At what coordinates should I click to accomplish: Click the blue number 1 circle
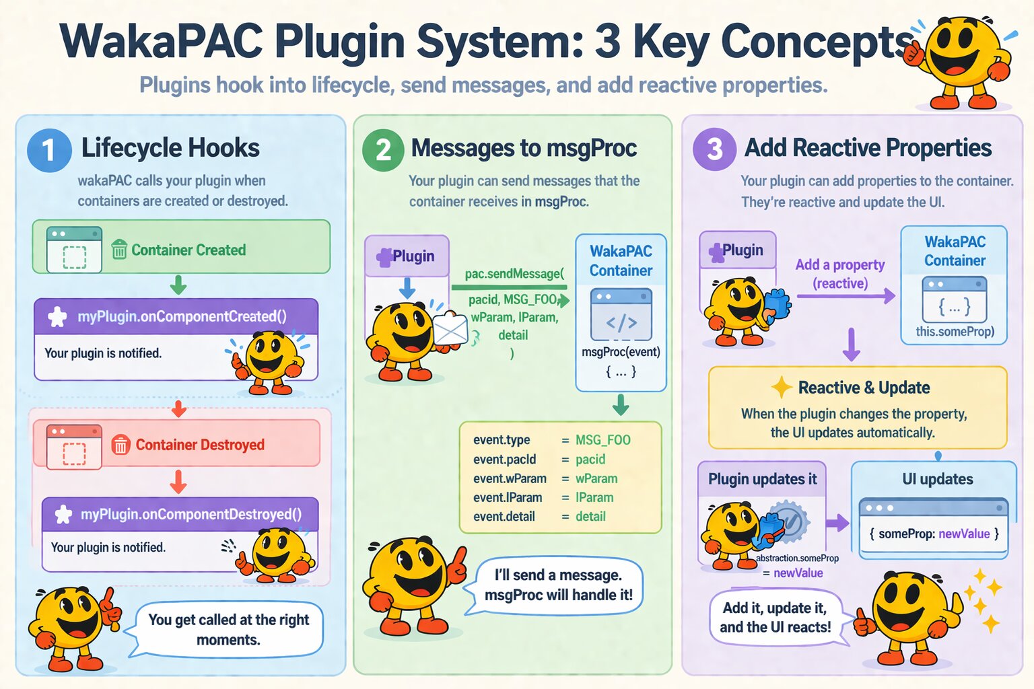coord(49,150)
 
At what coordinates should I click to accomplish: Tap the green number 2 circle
coord(383,150)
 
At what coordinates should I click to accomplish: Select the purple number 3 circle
coord(714,149)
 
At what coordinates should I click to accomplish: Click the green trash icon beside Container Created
coord(119,250)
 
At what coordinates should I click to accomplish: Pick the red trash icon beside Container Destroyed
coord(120,445)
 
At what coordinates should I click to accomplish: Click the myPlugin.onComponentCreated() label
coord(182,316)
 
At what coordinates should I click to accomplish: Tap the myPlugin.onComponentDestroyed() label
coord(191,515)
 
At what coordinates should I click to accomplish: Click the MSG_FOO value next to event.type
coord(602,440)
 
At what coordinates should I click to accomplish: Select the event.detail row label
coord(504,517)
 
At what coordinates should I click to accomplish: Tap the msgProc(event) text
coord(621,352)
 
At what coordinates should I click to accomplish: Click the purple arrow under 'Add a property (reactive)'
coord(846,295)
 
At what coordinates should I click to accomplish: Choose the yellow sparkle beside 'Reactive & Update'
coord(781,388)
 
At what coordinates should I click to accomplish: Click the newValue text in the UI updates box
coord(964,534)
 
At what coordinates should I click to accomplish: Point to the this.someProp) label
coord(955,332)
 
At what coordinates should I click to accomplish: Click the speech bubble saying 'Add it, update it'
coord(775,617)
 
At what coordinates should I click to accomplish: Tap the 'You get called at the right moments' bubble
coord(228,629)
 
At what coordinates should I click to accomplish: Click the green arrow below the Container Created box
coord(178,285)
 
